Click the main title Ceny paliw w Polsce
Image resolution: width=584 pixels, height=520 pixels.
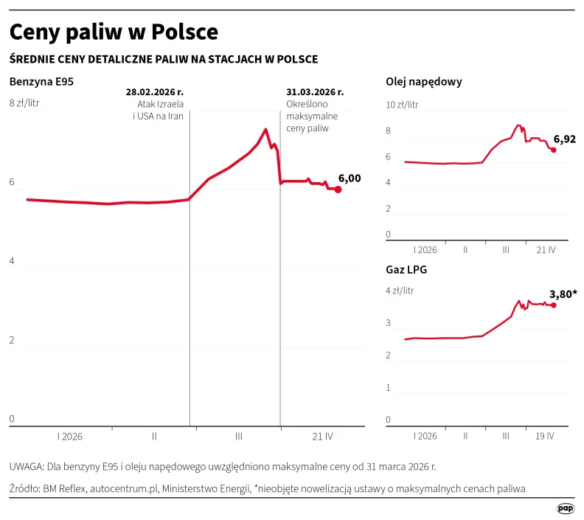[x=114, y=32]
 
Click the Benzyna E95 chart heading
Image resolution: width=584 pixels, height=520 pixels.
[x=41, y=82]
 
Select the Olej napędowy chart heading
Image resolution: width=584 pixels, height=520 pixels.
[x=424, y=82]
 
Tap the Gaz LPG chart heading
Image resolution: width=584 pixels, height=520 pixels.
[x=406, y=269]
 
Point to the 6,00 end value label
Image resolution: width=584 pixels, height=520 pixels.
[x=350, y=178]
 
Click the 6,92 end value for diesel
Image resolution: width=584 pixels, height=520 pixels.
[x=564, y=139]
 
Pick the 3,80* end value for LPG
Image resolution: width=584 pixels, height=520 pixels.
[x=563, y=294]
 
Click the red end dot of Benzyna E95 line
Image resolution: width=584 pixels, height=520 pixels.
[x=338, y=190]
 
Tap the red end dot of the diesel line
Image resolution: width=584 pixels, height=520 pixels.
[x=554, y=150]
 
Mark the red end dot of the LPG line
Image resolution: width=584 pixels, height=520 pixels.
[x=553, y=305]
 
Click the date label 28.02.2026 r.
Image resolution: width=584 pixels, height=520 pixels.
[x=155, y=92]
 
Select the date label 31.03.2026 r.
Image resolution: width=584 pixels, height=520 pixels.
[x=315, y=92]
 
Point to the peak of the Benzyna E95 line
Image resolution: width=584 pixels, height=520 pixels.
[x=265, y=130]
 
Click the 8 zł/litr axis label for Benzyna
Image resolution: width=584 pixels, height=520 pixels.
[x=24, y=103]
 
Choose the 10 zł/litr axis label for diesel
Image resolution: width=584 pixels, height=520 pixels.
[x=402, y=105]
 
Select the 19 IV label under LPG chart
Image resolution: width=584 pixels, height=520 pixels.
[x=545, y=436]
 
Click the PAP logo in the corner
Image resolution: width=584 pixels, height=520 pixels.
[x=566, y=508]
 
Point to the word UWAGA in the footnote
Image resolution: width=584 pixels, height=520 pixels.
[x=26, y=467]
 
